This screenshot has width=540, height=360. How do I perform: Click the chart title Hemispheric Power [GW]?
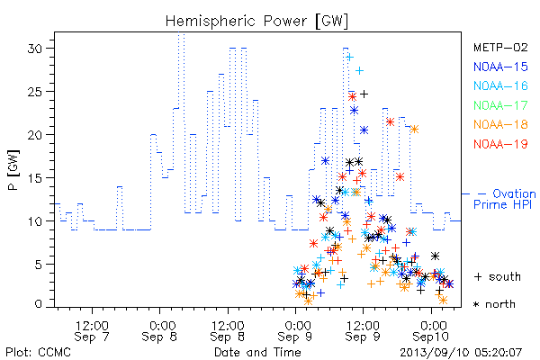click(x=256, y=22)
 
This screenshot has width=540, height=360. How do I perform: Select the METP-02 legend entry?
click(x=500, y=47)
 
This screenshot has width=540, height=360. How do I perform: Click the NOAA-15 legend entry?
click(x=500, y=67)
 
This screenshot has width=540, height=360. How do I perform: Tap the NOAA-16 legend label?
click(x=500, y=85)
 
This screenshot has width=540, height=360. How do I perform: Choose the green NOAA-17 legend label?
click(x=500, y=105)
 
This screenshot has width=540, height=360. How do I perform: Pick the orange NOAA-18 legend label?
click(x=500, y=124)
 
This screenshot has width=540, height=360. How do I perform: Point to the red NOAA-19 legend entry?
click(x=500, y=144)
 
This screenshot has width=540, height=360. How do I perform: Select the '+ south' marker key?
click(x=498, y=276)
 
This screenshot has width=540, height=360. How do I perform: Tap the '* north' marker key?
click(x=494, y=304)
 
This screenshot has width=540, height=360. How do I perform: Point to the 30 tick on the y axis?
click(x=34, y=49)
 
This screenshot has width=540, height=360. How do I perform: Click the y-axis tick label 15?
click(x=34, y=178)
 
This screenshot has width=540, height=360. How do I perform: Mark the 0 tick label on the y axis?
click(x=38, y=304)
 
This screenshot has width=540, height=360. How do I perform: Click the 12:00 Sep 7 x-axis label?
click(x=92, y=331)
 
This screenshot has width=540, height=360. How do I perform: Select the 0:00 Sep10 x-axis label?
click(x=431, y=331)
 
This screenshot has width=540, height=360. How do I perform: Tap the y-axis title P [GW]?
click(x=13, y=170)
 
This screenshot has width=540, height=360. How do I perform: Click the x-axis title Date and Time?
click(x=257, y=353)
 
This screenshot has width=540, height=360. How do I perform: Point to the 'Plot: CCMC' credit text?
click(x=38, y=353)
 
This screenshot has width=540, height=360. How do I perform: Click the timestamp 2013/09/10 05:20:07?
click(x=461, y=353)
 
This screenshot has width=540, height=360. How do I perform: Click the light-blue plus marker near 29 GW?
click(x=350, y=58)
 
